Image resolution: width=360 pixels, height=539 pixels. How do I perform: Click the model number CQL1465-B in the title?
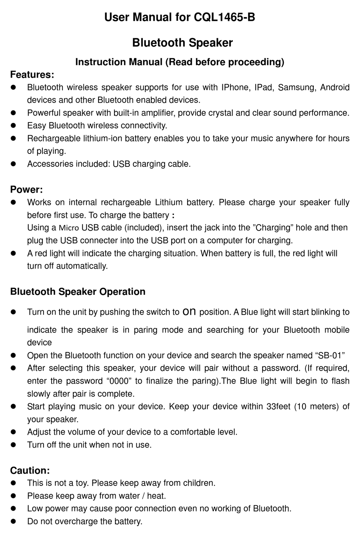click(224, 17)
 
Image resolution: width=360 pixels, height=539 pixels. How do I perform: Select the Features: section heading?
click(32, 74)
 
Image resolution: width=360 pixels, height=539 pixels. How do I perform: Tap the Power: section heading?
click(27, 189)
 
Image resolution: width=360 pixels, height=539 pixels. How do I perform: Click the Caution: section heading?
click(30, 470)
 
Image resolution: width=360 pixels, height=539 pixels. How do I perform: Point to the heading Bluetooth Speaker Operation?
click(78, 291)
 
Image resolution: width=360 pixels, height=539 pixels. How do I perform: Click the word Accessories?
click(50, 164)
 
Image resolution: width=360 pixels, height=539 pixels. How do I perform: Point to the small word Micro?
click(69, 228)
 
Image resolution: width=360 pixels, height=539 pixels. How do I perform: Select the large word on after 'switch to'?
click(189, 312)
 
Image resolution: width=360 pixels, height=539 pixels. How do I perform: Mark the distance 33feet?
click(279, 407)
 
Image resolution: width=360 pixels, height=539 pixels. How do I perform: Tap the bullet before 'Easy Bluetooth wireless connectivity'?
click(13, 126)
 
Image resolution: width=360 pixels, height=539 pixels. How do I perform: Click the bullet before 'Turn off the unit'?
click(13, 445)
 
